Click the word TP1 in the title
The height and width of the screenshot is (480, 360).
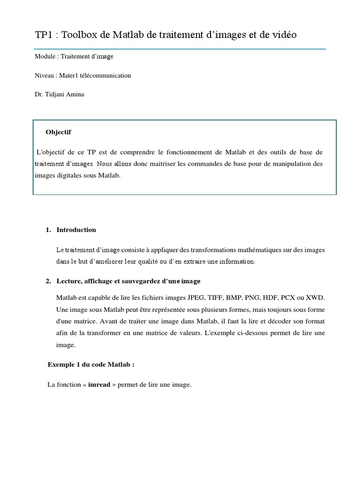43,35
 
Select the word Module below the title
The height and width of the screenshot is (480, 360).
45,57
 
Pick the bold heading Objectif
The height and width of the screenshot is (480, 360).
58,132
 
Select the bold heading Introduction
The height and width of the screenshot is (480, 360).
76,230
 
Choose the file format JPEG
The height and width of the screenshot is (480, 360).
196,298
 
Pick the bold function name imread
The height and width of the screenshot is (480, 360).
99,385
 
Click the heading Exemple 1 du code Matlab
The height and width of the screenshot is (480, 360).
88,365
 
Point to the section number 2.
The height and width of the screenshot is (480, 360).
48,281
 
